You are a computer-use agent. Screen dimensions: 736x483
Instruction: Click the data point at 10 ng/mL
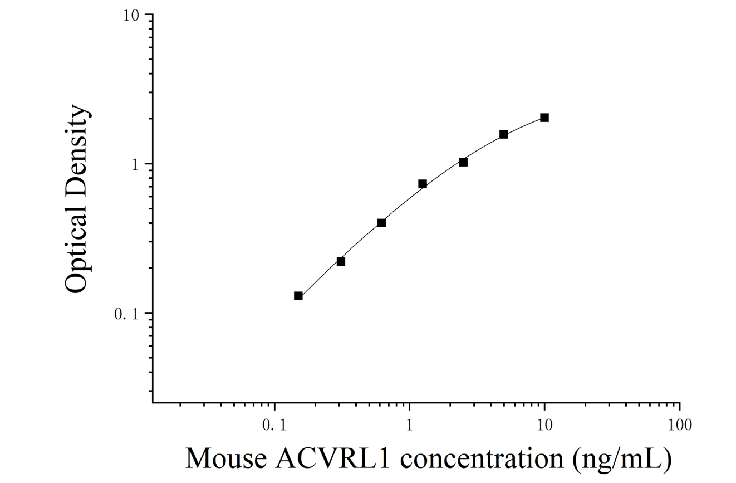point(544,118)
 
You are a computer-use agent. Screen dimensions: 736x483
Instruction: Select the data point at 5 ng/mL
point(504,134)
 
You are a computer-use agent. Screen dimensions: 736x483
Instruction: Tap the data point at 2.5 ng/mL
point(463,162)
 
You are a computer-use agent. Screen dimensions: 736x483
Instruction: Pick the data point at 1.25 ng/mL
point(423,184)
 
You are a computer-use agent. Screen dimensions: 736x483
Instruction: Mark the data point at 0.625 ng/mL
point(381,223)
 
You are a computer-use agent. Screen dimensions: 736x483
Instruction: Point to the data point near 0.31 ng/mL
point(341,262)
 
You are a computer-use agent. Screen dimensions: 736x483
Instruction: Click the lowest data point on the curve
point(298,296)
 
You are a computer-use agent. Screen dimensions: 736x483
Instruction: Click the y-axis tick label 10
point(131,16)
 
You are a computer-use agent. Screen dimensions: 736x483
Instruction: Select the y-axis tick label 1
point(135,165)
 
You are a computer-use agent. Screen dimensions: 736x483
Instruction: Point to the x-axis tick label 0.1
point(274,426)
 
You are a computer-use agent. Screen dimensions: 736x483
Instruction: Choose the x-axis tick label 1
point(409,426)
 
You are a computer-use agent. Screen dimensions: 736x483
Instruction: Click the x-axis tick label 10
point(545,426)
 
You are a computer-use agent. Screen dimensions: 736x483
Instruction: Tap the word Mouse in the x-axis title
point(227,458)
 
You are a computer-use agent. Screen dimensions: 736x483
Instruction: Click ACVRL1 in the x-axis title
point(333,458)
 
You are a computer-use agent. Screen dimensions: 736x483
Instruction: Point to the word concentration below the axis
point(482,459)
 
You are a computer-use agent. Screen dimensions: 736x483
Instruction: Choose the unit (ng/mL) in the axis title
point(622,460)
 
